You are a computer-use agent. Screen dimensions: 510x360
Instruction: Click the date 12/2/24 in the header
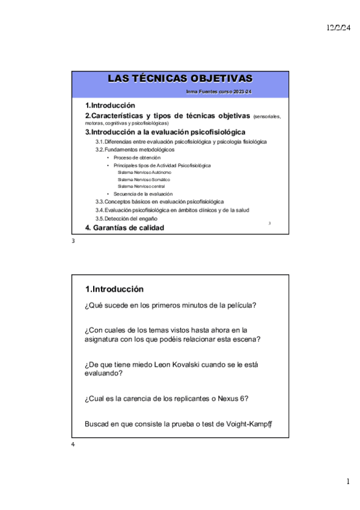point(338,28)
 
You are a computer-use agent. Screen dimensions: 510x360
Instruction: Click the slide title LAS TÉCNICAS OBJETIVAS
point(180,79)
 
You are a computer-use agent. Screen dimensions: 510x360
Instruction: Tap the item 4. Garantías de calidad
point(124,228)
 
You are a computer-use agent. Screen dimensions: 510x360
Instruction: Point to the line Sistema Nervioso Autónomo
point(144,172)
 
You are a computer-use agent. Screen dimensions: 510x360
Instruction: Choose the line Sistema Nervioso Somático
point(144,179)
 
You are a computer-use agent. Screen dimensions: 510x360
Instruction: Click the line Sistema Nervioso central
point(141,186)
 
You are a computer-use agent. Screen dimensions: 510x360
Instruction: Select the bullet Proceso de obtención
point(137,158)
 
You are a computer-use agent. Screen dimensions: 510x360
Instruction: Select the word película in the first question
point(240,305)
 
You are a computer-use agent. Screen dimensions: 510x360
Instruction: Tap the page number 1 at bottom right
point(347,482)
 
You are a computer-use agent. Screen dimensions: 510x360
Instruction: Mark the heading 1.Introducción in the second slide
point(114,289)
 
